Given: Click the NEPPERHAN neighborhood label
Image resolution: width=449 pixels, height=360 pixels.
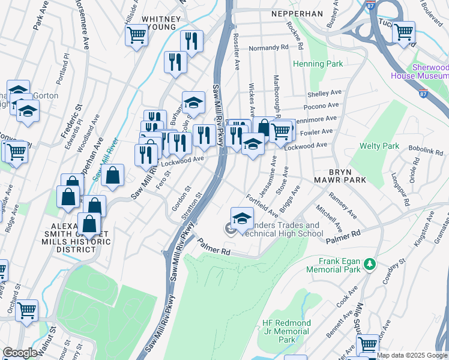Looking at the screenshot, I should click(297, 13).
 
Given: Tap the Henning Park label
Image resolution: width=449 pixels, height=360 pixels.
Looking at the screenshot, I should click(318, 64).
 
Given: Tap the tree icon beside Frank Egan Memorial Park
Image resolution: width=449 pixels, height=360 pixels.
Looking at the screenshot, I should click(370, 263).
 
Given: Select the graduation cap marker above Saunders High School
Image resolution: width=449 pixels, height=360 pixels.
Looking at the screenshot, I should click(242, 218).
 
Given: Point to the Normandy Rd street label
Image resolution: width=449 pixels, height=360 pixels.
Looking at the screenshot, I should click(269, 47).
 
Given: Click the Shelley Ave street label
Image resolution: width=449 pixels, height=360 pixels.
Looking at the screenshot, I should click(324, 94).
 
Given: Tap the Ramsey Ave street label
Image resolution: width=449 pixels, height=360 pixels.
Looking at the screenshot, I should click(342, 205).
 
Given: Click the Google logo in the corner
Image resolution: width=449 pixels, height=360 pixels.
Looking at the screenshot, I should click(20, 353).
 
